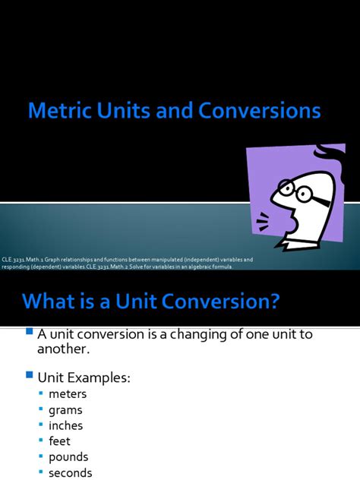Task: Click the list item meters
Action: pos(68,394)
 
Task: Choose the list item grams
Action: pos(65,410)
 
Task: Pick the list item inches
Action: pos(65,426)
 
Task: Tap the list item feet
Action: pos(59,441)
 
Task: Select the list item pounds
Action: pos(68,457)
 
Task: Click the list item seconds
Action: pos(70,473)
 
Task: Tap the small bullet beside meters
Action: pos(41,394)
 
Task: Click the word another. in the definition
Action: pos(64,349)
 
